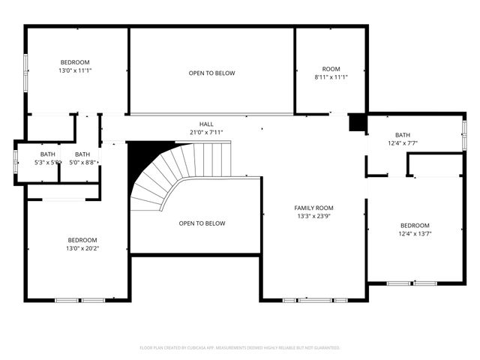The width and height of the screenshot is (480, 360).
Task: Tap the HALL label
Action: click(206, 124)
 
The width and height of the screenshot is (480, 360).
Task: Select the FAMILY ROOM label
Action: click(313, 208)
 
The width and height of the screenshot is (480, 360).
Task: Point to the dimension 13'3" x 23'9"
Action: click(313, 216)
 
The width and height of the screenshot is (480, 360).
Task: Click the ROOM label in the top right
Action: click(331, 68)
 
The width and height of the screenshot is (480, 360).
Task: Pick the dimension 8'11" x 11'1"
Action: click(331, 76)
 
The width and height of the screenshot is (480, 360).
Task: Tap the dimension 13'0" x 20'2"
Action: click(82, 248)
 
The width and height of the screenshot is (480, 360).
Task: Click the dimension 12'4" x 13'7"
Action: click(415, 234)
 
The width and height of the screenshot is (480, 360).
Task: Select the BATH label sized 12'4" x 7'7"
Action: click(403, 135)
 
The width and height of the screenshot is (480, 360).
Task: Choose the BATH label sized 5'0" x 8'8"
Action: click(82, 154)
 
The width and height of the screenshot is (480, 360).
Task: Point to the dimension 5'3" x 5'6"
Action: click(47, 162)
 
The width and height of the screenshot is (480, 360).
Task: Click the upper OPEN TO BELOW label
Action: click(211, 73)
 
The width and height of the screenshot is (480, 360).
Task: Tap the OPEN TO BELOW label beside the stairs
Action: click(202, 223)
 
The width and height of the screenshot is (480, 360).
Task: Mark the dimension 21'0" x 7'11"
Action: click(207, 133)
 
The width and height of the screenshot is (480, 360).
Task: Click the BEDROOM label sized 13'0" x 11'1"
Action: click(75, 61)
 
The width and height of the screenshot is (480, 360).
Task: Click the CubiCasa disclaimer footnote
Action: click(240, 348)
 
